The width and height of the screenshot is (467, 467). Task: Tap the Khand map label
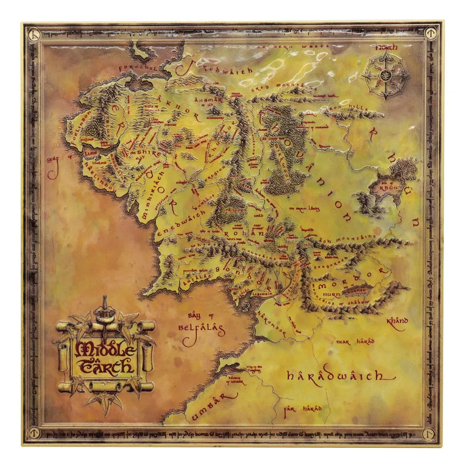(x=397, y=321)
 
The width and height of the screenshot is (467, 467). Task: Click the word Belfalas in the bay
(x=201, y=328)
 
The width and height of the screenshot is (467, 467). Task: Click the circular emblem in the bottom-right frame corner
(x=430, y=433)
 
